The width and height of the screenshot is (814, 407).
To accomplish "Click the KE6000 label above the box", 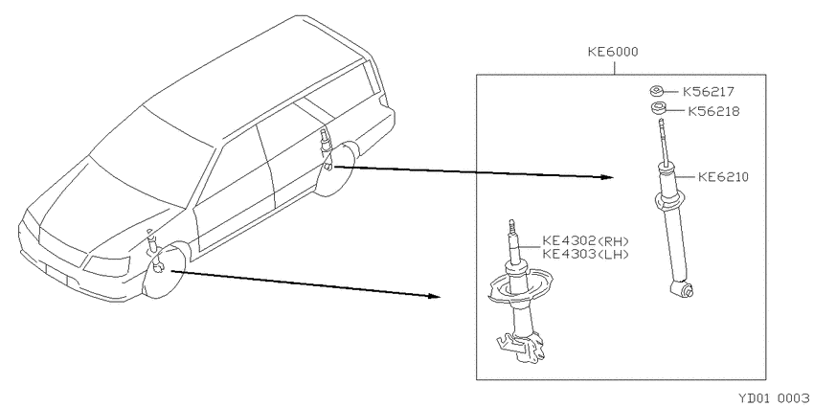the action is pyautogui.click(x=613, y=52).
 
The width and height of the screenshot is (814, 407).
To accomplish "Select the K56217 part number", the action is pyautogui.click(x=708, y=92).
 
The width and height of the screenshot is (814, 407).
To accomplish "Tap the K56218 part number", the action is pyautogui.click(x=713, y=111).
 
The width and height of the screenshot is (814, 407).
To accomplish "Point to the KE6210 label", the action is pyautogui.click(x=723, y=177).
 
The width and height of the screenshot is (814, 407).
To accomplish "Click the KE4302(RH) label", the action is pyautogui.click(x=585, y=241).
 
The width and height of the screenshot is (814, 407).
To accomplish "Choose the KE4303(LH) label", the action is pyautogui.click(x=585, y=254).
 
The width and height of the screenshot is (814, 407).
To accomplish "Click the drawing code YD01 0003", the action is pyautogui.click(x=776, y=398).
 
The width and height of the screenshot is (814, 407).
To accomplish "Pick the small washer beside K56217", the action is pyautogui.click(x=656, y=92).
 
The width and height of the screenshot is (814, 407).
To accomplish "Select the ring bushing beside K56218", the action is pyautogui.click(x=659, y=110).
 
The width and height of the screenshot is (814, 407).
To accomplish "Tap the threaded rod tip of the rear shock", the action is pyautogui.click(x=662, y=124).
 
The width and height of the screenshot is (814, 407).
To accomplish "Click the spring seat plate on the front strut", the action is pyautogui.click(x=516, y=289).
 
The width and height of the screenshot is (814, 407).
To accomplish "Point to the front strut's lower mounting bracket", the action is pyautogui.click(x=521, y=348).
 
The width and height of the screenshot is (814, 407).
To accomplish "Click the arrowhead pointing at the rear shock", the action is pyautogui.click(x=607, y=177).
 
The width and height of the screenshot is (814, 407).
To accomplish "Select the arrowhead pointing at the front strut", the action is pyautogui.click(x=435, y=296).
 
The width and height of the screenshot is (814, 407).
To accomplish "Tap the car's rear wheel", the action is pyautogui.click(x=336, y=169).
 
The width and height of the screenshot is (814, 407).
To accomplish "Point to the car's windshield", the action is pyautogui.click(x=150, y=156).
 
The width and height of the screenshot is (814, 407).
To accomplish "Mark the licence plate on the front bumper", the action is pyautogui.click(x=57, y=273).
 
